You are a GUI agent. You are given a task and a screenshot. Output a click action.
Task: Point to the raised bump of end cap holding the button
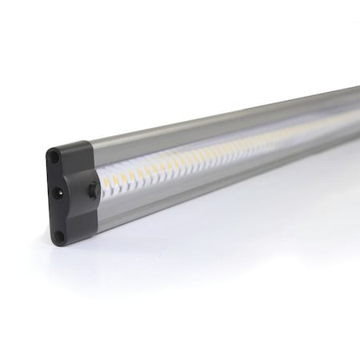click(90, 190)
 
